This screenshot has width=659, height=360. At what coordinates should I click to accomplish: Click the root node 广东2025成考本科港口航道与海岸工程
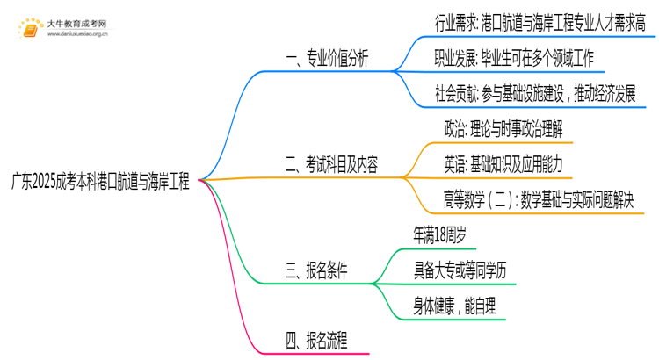click(100, 180)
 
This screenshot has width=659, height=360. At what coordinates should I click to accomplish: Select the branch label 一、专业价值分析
click(326, 61)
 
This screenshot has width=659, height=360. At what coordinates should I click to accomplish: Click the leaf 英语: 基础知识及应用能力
click(503, 164)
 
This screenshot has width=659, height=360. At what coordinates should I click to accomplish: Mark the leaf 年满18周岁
click(446, 234)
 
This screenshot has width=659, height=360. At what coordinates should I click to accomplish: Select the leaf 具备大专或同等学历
click(460, 270)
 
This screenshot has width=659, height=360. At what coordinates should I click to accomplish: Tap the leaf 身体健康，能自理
click(454, 305)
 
